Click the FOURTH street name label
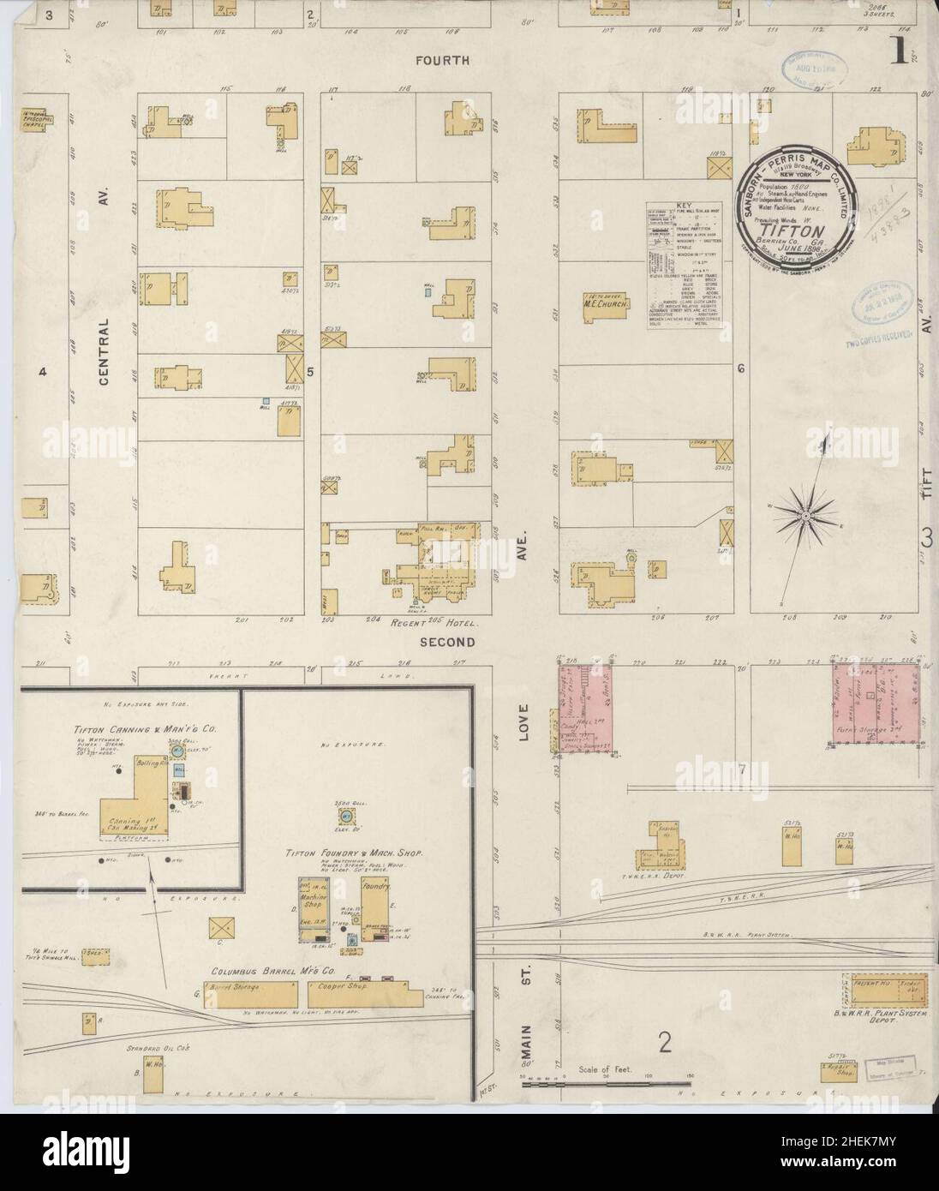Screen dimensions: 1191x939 pos(442,61)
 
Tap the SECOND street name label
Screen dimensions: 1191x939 pos(446,641)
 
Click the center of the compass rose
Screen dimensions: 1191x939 pos(805,515)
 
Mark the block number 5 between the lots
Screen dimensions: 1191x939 pos(311,371)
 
